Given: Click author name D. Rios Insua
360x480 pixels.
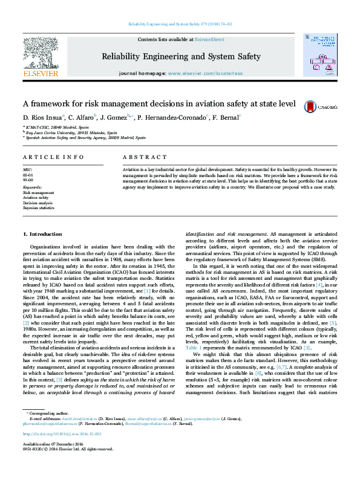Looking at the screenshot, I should pos(42,117).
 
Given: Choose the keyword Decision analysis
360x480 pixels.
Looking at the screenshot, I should pos(39,203).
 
